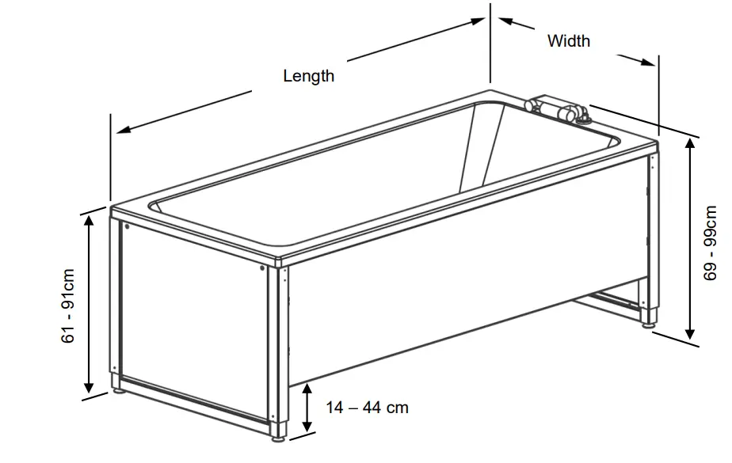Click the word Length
308,76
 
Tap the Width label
569,40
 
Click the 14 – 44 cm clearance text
368,408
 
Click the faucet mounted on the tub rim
559,110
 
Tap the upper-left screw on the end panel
127,226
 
